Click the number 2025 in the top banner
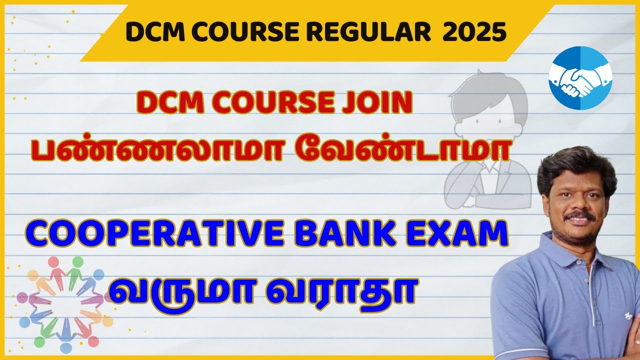(474, 32)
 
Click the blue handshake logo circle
(580, 78)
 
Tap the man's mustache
(579, 216)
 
